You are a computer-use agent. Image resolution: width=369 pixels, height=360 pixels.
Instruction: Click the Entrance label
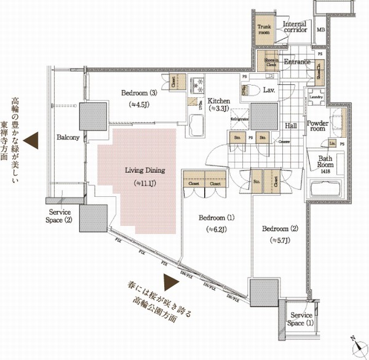click(295, 63)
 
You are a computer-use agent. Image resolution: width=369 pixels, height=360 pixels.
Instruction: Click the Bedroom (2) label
click(280, 234)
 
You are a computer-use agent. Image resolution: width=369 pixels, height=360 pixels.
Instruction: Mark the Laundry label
click(317, 97)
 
